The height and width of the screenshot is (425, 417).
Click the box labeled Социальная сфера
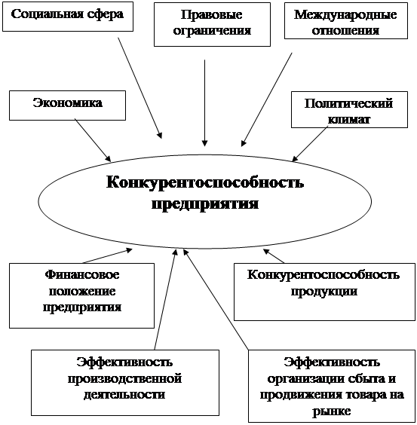coord(68,17)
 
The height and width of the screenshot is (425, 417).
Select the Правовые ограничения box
coord(212,24)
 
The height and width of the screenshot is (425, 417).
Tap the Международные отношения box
coord(346,20)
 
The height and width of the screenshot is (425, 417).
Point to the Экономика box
coord(68,105)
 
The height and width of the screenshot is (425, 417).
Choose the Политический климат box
coord(349,109)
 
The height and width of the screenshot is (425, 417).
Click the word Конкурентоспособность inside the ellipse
coord(205,182)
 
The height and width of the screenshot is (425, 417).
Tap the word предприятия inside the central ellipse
coord(205,204)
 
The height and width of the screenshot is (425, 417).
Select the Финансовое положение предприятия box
coord(81,295)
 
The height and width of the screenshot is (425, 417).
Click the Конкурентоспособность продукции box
coord(324,292)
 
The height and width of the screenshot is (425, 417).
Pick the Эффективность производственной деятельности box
coord(125,383)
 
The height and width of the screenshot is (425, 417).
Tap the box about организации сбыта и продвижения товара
coord(332,386)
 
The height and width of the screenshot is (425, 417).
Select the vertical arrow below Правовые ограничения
coord(205,103)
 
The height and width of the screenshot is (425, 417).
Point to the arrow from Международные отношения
coord(267,99)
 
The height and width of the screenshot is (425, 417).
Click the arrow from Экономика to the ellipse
coord(93,140)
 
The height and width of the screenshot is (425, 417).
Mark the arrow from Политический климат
coord(310,144)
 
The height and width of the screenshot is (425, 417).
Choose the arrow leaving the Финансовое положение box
coord(107,256)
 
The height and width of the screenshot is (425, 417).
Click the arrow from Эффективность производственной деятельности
coord(166,299)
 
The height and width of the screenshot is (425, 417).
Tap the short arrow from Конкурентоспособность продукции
coord(274,256)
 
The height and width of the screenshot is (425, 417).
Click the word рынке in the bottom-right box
coord(332,411)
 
